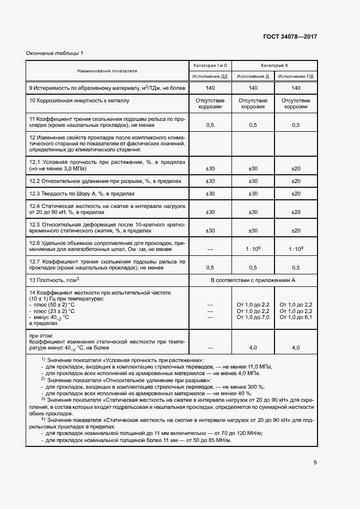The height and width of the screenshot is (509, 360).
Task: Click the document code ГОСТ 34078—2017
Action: coord(290,38)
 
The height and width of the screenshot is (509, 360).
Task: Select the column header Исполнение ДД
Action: coord(210,76)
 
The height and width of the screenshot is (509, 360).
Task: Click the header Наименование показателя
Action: coord(107,71)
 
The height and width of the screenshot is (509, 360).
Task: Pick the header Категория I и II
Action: coord(210,65)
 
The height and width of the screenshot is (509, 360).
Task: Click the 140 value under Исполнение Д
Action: coord(253,88)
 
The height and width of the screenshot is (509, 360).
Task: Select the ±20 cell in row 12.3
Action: coord(296,193)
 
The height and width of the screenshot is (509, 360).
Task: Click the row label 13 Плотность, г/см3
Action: coord(54,280)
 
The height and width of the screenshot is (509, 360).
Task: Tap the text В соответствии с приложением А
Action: coord(253,280)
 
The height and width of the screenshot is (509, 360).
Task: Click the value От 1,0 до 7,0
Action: coord(253,317)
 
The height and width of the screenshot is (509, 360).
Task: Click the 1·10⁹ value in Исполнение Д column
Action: coord(253,248)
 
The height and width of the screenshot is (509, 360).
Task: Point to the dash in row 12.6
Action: coord(210,248)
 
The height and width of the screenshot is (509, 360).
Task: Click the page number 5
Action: coord(315,464)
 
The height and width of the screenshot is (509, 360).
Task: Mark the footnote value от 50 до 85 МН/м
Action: coord(205,440)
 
